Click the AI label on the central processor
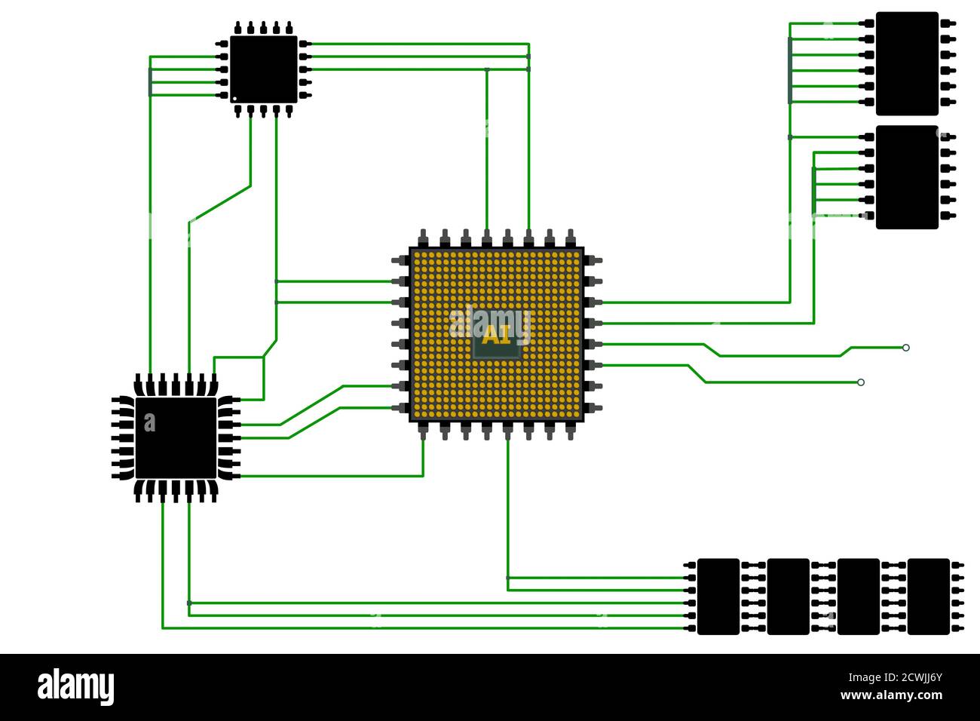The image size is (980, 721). coord(496,335)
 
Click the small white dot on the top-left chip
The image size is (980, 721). coord(234,98)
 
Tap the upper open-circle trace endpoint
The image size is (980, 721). coord(906,348)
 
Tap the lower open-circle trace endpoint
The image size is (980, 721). coord(861,382)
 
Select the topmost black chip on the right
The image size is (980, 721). coord(907,63)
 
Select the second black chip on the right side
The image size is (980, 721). coord(907,177)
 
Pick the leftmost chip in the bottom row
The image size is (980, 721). coord(718,597)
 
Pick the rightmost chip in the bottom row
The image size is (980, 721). coord(928,597)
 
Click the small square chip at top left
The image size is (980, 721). coord(263,69)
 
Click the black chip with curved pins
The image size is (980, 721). coord(176,437)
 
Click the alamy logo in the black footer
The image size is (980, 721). coord(75,687)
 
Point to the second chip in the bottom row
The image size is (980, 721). coord(788,597)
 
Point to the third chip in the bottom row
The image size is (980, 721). coord(858,597)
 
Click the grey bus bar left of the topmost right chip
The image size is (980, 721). coord(789,70)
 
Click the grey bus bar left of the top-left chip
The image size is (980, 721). coord(150,81)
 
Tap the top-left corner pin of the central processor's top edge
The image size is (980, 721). coord(423,238)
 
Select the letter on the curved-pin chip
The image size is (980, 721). coord(149,424)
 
